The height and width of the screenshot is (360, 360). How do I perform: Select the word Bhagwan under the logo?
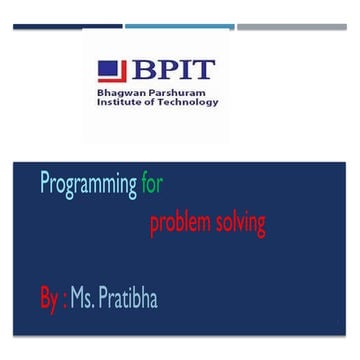[x=119, y=93]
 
